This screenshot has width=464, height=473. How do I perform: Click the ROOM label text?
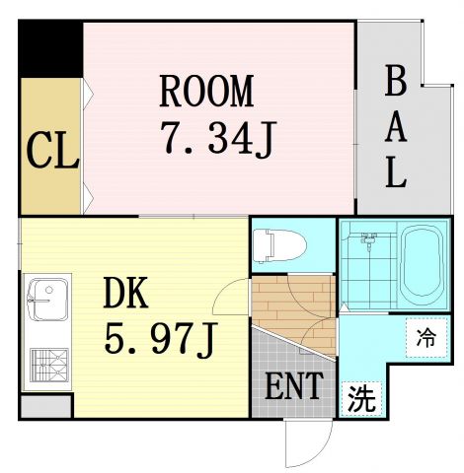(206, 91)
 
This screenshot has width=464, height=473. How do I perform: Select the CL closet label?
(51, 152)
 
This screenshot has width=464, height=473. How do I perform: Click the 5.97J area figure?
(160, 340)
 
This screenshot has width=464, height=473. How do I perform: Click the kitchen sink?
(45, 298)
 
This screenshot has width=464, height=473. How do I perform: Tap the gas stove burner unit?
(45, 364)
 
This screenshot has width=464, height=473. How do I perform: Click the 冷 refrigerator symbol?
(425, 338)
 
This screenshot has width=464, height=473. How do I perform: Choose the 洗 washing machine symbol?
(362, 399)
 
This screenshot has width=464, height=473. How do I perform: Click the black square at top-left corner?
(50, 45)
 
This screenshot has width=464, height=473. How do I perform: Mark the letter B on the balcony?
(395, 82)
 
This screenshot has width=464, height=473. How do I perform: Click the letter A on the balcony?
(395, 128)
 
